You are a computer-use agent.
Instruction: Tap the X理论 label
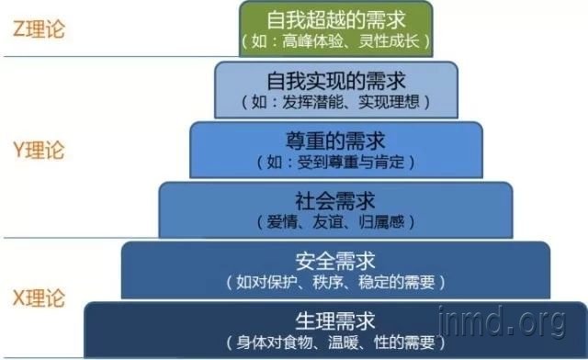(x=40, y=298)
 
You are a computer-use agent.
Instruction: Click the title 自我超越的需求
(x=335, y=17)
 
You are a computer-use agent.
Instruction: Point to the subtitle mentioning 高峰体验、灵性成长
(x=335, y=41)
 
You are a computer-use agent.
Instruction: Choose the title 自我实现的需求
(x=335, y=79)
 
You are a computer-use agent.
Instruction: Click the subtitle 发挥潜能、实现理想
(x=335, y=102)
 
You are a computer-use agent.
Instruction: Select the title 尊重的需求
(x=335, y=140)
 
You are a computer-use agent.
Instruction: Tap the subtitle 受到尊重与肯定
(x=335, y=162)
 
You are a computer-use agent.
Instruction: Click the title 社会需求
(x=335, y=199)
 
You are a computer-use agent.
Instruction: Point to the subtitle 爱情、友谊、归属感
(x=335, y=221)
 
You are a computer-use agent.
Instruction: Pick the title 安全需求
(x=335, y=259)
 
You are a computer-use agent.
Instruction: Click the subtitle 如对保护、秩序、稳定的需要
(x=335, y=281)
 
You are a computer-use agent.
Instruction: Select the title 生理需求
(x=335, y=321)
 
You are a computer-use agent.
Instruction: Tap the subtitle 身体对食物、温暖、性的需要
(x=335, y=343)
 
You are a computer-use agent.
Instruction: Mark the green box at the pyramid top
(x=335, y=28)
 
